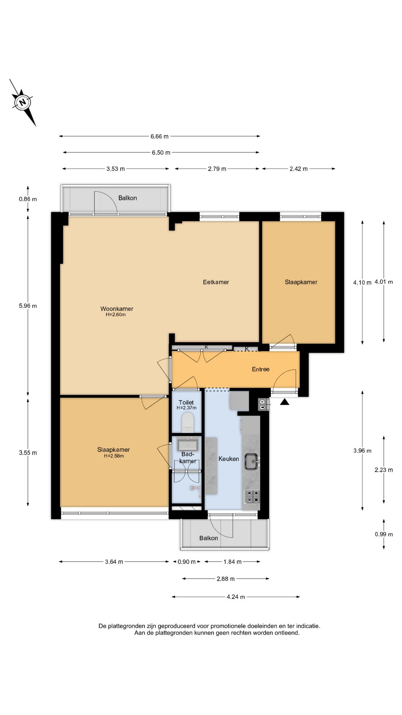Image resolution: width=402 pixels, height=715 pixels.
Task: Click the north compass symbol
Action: [23, 102]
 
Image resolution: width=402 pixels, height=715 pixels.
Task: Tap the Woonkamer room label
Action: [117, 309]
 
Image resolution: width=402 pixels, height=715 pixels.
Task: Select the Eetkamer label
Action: [216, 282]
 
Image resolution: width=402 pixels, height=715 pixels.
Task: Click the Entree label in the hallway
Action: [261, 369]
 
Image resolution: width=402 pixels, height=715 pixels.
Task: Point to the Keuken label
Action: [229, 459]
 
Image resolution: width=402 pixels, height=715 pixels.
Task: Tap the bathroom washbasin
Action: [188, 444]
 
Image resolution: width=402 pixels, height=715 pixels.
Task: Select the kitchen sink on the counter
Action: [252, 462]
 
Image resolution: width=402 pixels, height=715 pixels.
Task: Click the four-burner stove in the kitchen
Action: [252, 496]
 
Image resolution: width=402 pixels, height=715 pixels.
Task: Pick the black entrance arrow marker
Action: [285, 402]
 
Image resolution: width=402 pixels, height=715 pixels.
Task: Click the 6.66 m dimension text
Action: [160, 136]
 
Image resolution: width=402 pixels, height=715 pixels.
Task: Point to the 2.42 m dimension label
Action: [299, 169]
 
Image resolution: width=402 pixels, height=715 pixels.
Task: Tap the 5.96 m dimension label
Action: [28, 306]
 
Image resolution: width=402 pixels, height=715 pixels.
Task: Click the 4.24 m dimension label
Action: [236, 597]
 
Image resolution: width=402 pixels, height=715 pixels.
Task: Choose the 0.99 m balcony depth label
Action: [384, 534]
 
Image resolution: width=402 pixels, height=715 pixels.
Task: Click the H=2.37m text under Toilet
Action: [186, 408]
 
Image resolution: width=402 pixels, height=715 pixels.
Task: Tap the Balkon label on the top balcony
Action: [128, 198]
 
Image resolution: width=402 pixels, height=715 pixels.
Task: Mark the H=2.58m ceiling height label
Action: [114, 456]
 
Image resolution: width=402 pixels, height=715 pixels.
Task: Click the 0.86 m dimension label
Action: [28, 199]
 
